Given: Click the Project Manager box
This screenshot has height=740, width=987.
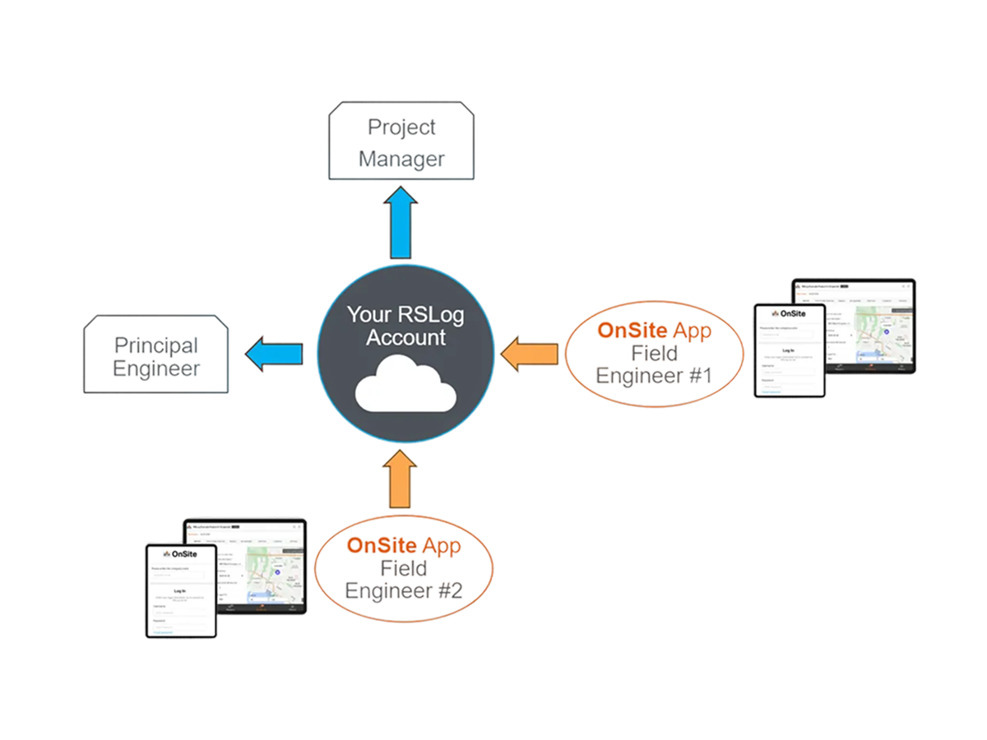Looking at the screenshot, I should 401,141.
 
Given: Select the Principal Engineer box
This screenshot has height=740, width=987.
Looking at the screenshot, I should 156,355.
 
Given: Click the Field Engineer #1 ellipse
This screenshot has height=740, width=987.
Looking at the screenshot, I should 654,353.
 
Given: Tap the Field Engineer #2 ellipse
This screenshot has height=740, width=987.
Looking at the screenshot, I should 403,568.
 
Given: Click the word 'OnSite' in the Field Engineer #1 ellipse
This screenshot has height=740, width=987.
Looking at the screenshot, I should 633,331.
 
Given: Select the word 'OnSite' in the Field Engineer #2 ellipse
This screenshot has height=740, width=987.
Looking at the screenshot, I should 382,546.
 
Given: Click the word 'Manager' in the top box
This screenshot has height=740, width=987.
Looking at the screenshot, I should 401,158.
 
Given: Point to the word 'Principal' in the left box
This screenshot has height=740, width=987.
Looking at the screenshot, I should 155,345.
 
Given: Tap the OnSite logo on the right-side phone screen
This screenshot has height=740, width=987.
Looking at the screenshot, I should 789,314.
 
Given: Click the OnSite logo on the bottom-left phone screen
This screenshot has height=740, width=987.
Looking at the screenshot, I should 180,554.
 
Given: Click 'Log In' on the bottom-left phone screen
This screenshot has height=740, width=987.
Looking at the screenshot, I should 180,590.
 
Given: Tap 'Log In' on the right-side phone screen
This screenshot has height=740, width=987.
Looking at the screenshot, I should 789,349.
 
